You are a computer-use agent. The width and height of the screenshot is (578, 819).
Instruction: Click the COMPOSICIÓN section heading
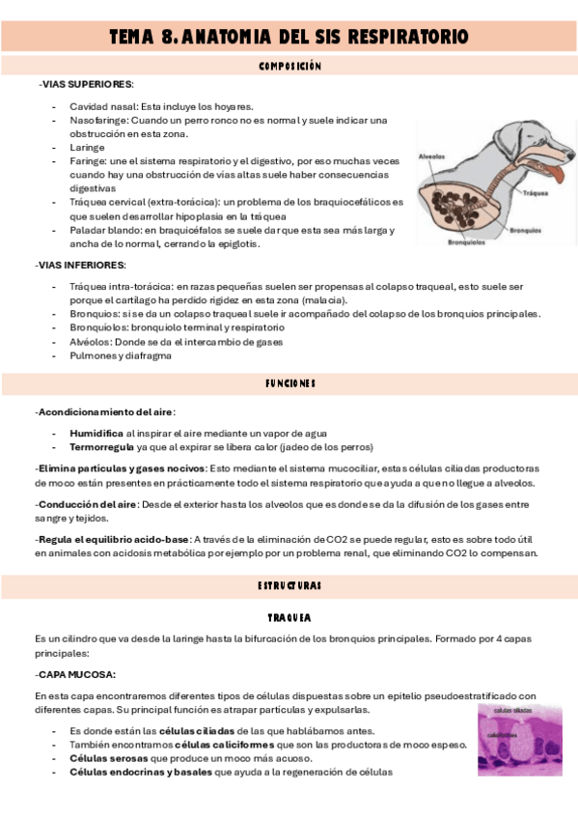point(289,67)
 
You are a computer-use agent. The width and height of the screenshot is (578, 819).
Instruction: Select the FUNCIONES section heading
point(289,383)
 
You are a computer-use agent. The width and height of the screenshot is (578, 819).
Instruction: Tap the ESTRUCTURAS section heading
point(289,586)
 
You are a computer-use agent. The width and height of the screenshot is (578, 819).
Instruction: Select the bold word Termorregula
point(102,447)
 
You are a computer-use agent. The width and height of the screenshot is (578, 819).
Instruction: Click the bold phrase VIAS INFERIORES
point(84,265)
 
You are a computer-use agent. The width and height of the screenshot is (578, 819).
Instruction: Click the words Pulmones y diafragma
point(121,355)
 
